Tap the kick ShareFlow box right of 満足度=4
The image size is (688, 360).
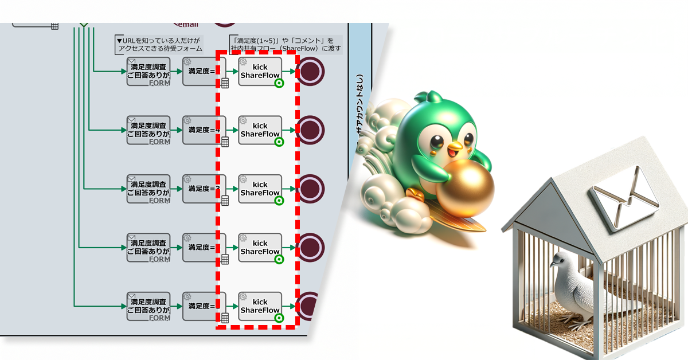[260, 130]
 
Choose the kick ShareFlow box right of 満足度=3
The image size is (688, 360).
[260, 189]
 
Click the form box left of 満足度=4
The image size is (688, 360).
[148, 130]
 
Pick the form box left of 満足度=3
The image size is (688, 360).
[148, 189]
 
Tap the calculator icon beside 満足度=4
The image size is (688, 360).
[225, 142]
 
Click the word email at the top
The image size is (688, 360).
[189, 24]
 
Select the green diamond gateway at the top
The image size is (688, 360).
[84, 24]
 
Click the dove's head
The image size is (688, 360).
[559, 261]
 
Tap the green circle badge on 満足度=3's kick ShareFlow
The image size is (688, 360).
[279, 201]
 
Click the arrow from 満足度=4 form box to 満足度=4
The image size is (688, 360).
[176, 130]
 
